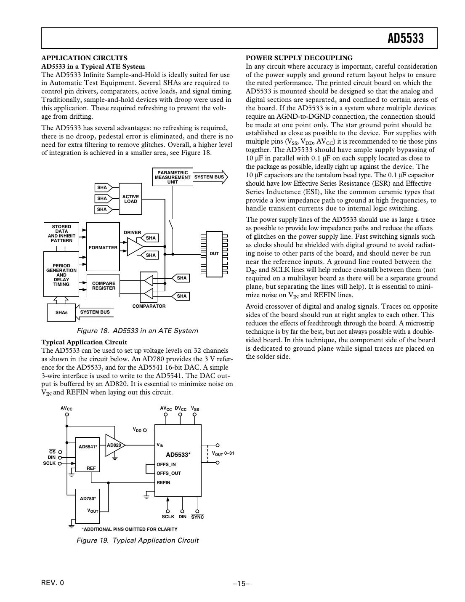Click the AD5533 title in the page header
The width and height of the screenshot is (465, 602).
(405, 39)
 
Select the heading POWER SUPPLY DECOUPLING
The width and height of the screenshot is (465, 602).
(299, 58)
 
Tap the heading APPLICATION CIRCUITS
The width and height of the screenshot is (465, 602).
(84, 58)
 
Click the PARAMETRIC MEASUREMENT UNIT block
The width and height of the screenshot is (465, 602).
(173, 177)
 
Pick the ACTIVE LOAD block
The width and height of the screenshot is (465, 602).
(130, 199)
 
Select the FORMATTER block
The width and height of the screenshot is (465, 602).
(103, 247)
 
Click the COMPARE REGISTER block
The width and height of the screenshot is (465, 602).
(104, 286)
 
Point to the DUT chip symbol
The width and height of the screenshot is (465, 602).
(214, 253)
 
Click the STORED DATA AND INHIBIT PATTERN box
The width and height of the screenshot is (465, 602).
(61, 234)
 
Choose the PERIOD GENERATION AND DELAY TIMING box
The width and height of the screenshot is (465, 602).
(61, 274)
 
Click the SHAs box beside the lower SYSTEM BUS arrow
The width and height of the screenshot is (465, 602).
(61, 312)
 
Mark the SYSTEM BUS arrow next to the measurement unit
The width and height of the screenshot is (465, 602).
(210, 177)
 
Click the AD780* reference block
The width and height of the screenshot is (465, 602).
(88, 506)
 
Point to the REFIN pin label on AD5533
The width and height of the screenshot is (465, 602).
(163, 482)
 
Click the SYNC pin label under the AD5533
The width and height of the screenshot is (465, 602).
(197, 517)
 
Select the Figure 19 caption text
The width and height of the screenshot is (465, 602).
(137, 540)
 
